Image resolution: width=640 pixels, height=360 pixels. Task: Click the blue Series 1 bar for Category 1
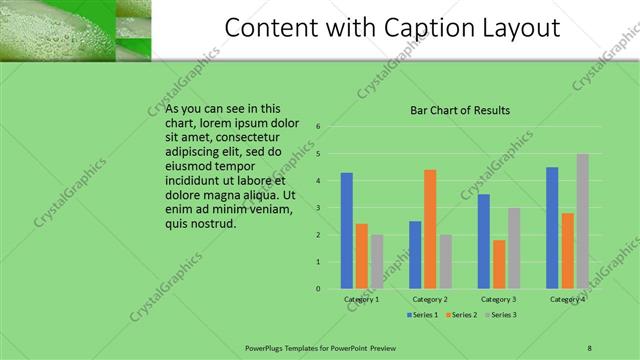click(x=346, y=231)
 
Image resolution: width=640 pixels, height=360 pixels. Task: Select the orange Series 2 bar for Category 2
click(x=430, y=229)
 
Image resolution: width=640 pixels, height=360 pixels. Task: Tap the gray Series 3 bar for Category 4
click(x=582, y=221)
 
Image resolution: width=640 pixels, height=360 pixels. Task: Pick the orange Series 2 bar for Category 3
click(x=498, y=264)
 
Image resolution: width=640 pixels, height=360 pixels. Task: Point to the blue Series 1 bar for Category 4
click(x=552, y=228)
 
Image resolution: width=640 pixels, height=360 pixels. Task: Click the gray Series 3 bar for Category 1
click(x=377, y=262)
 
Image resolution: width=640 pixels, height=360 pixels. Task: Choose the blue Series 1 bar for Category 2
click(x=415, y=255)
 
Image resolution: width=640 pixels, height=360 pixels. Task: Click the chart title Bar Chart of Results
click(x=461, y=110)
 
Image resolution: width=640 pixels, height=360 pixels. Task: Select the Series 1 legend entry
click(x=423, y=315)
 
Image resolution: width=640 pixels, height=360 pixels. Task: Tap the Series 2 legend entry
click(x=462, y=315)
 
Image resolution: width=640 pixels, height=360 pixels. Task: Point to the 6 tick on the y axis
click(x=317, y=127)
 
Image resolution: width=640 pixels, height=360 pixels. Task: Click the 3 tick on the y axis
click(x=317, y=208)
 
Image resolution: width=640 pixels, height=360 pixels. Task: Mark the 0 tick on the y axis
click(x=317, y=289)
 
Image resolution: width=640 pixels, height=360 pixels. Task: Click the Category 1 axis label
click(x=361, y=299)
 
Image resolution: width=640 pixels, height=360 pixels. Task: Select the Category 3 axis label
click(x=498, y=299)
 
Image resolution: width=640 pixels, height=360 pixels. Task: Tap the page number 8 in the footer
click(x=589, y=346)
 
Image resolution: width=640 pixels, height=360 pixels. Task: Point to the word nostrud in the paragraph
click(x=214, y=223)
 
